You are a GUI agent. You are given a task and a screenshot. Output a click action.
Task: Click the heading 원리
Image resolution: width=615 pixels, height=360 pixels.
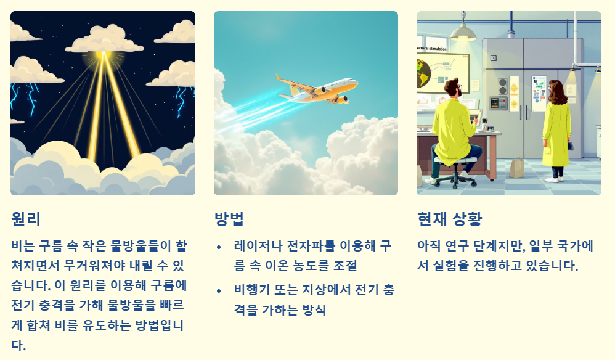(x=26, y=219)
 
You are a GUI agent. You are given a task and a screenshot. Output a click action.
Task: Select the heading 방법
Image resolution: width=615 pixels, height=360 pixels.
(x=229, y=219)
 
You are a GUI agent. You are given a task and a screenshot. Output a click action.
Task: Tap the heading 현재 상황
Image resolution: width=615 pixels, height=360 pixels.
(x=449, y=219)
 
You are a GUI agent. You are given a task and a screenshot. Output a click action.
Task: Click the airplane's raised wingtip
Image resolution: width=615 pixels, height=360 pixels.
(x=279, y=76)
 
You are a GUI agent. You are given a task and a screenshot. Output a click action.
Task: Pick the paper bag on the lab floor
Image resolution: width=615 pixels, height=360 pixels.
(x=516, y=166)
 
